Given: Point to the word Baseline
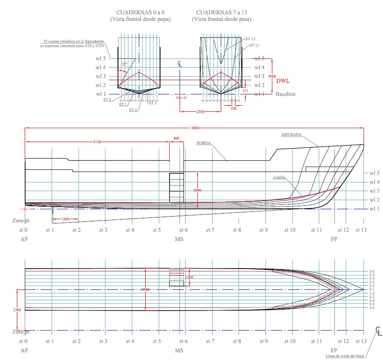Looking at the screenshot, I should [x=286, y=94].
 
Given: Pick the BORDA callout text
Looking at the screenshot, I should [x=204, y=143].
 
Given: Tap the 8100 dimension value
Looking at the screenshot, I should [x=97, y=142].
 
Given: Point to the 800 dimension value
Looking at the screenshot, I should [x=176, y=138].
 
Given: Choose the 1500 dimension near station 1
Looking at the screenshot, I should [x=65, y=219].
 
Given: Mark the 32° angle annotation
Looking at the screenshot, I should [x=124, y=64].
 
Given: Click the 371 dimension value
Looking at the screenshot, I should [x=246, y=91].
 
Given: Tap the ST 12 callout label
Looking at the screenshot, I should [x=250, y=39].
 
